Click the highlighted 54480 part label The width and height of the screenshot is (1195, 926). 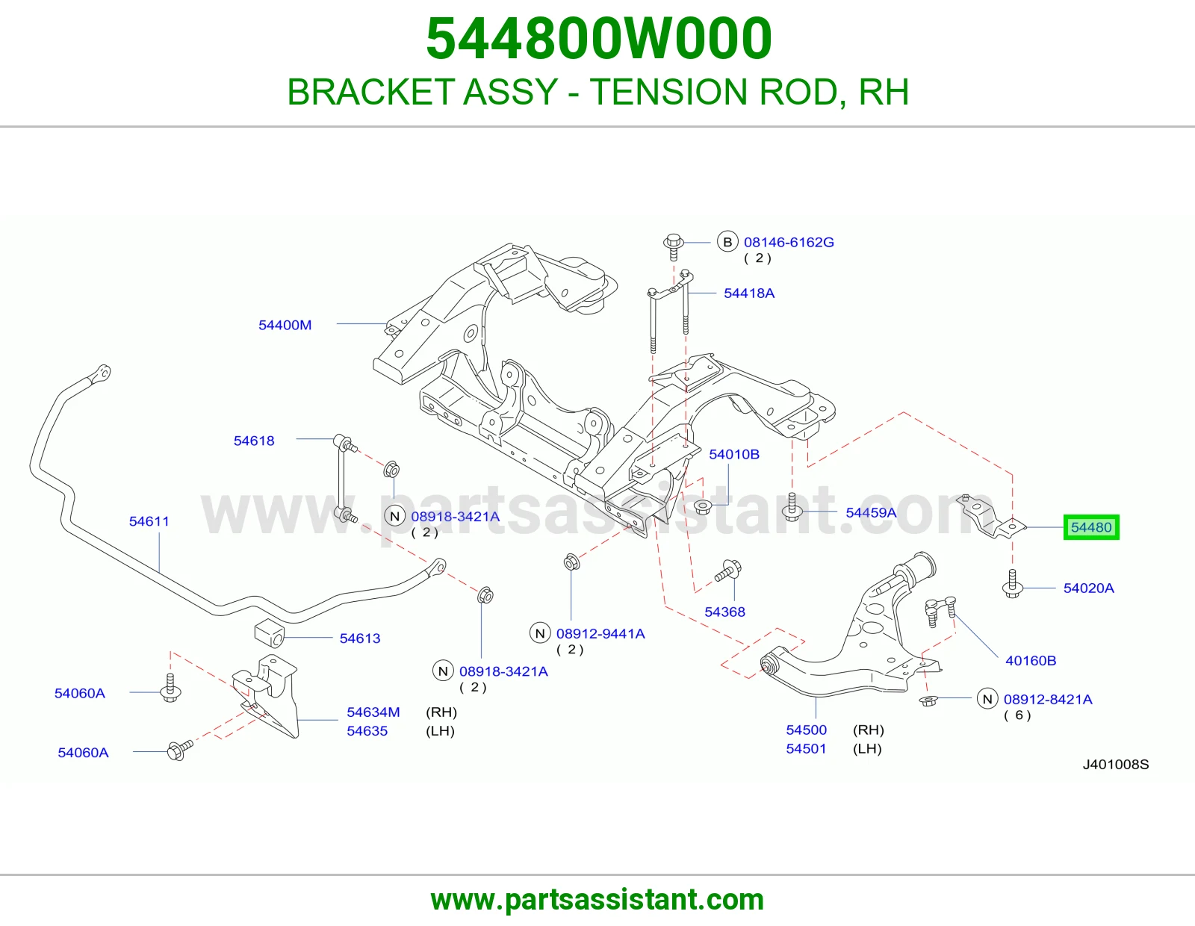(1091, 527)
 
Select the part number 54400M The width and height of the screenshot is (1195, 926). (285, 325)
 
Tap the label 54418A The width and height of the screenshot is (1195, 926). (749, 293)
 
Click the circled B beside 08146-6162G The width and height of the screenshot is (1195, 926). (727, 241)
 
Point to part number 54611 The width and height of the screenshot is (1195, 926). (149, 521)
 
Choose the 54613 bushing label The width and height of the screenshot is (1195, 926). (360, 638)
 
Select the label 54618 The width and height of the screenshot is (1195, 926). (253, 441)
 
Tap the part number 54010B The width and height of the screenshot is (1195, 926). (734, 454)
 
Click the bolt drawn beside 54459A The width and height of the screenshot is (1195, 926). (792, 508)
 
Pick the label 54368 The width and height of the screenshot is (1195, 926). (724, 612)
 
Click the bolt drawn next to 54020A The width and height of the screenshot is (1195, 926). (1013, 583)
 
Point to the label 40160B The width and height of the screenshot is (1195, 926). (1031, 660)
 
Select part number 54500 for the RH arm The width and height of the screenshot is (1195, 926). (806, 730)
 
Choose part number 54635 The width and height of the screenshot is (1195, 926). (367, 731)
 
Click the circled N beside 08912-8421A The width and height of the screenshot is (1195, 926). (987, 699)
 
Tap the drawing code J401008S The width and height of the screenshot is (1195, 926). (1116, 765)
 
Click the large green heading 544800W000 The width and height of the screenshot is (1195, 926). (599, 39)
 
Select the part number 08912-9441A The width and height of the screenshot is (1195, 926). (600, 633)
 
